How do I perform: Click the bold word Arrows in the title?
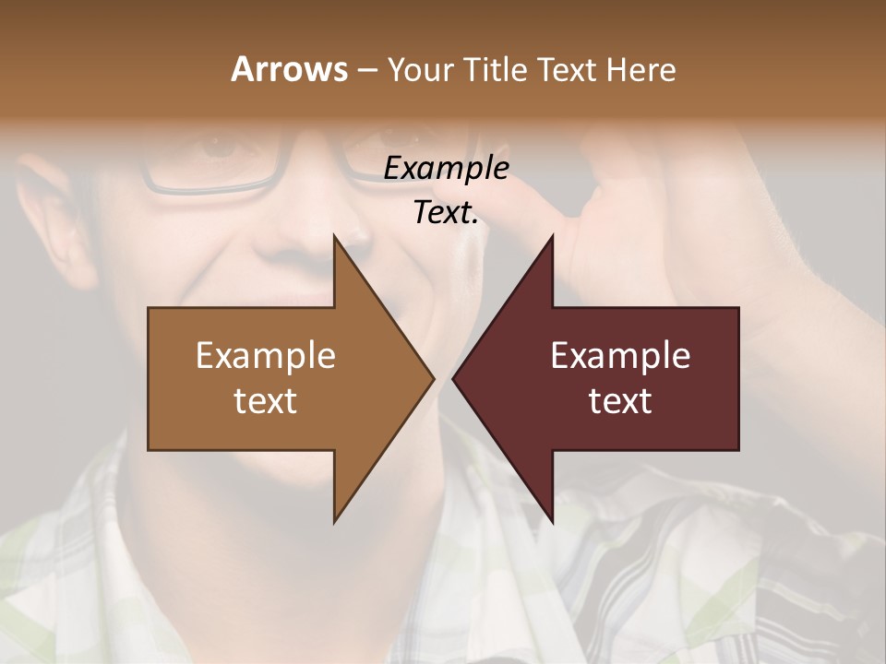pos(288,69)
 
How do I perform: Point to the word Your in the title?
pos(420,70)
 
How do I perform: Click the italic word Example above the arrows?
pos(446,169)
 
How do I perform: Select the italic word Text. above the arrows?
pos(446,212)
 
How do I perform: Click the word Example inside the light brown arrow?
pos(265,356)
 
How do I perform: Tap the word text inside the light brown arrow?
pos(265,400)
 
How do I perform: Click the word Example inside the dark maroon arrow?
pos(620,356)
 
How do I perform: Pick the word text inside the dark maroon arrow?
pos(620,400)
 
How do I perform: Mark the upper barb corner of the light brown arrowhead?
pos(334,236)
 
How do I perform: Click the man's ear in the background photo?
pos(55,221)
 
